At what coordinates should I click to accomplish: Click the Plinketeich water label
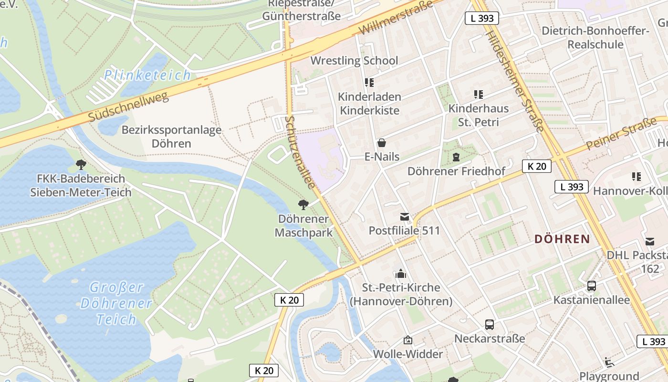(147, 75)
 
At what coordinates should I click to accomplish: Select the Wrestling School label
(354, 61)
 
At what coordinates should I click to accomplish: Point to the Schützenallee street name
(300, 152)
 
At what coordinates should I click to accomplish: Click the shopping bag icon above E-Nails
(381, 143)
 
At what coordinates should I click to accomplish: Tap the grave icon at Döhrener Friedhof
(456, 157)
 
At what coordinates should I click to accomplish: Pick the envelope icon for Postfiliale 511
(405, 217)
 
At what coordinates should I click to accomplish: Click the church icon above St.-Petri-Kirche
(401, 274)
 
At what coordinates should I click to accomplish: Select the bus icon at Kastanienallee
(592, 286)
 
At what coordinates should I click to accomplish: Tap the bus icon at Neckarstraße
(490, 325)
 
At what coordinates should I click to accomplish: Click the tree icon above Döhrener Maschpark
(303, 205)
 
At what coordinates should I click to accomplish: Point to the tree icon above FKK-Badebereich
(81, 165)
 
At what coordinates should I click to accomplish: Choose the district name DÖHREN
(563, 239)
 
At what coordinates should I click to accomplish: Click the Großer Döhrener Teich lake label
(116, 303)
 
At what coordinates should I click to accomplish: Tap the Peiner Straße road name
(621, 134)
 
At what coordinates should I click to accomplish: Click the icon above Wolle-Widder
(408, 340)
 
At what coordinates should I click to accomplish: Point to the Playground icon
(609, 362)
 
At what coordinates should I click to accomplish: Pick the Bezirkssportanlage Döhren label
(171, 137)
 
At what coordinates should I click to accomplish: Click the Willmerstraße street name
(396, 18)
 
